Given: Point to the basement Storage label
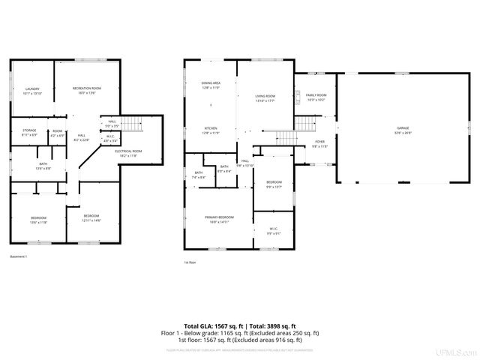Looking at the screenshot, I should tap(29, 132).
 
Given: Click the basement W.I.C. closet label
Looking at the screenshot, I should tap(109, 138).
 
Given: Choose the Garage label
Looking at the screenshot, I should tap(404, 131).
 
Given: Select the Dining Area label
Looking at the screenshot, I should tap(211, 85).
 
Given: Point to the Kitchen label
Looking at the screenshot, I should tap(211, 131).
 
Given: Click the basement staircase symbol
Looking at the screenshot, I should tap(131, 123).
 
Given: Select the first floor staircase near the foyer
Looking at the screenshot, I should tap(286, 136).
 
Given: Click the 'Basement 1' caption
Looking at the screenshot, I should tap(19, 258).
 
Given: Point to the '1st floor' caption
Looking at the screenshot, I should tap(190, 262).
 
